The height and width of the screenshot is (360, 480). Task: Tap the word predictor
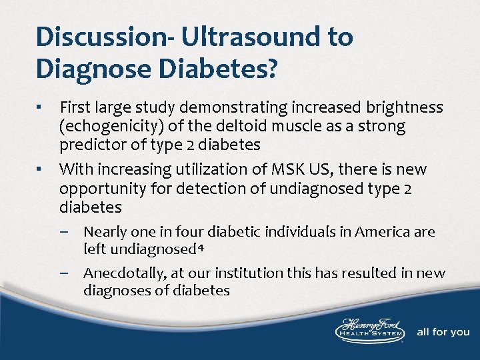pyautogui.click(x=90, y=145)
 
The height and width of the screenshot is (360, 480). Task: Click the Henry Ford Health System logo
pyautogui.click(x=368, y=331)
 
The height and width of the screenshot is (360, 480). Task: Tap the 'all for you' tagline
pyautogui.click(x=443, y=332)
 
